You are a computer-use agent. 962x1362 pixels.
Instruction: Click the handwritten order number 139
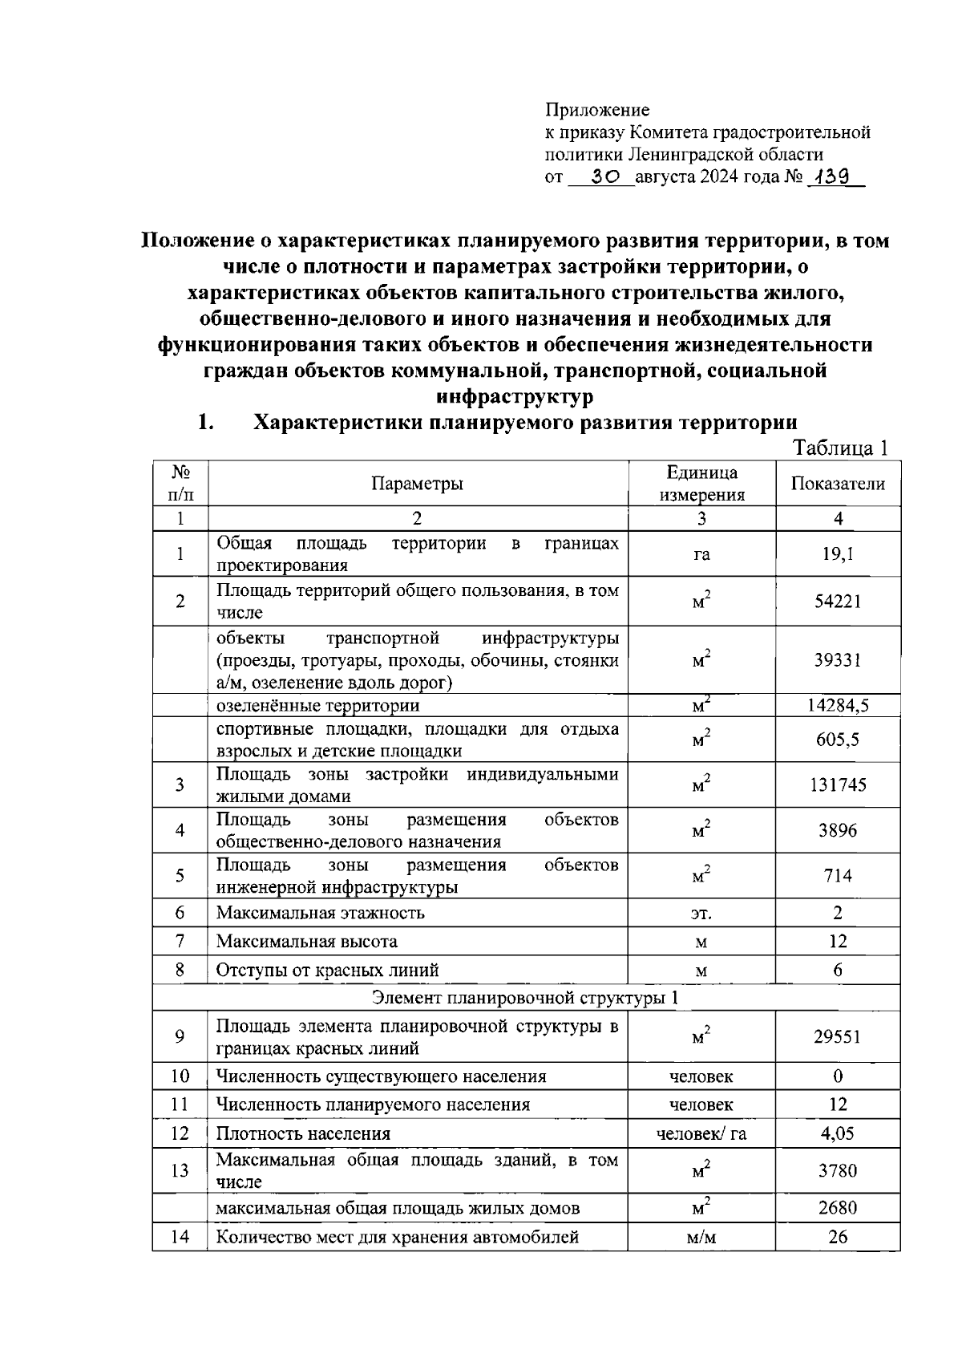pos(833,176)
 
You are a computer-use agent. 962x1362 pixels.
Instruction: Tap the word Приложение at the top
pos(597,110)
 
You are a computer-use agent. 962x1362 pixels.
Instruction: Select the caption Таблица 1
pos(839,448)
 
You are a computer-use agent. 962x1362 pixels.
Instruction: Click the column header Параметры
pos(417,484)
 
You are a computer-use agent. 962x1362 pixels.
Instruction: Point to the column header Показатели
pos(838,484)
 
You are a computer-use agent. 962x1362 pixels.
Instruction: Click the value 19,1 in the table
pos(838,553)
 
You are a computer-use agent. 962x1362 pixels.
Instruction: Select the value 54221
pos(838,602)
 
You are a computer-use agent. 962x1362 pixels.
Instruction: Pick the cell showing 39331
pos(838,660)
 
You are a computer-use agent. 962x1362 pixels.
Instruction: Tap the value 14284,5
pos(838,706)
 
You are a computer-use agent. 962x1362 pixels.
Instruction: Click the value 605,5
pos(838,740)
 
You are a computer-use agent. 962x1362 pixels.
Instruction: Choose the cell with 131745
pos(838,785)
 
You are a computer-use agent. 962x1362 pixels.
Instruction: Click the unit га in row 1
pos(701,554)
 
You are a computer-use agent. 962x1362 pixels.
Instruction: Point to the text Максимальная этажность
pos(321,913)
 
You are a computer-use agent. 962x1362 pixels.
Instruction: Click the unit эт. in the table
pos(701,914)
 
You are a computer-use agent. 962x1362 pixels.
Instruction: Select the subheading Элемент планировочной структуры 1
pos(526,998)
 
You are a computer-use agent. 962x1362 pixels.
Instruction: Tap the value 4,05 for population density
pos(838,1133)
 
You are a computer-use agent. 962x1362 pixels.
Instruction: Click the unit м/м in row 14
pos(701,1237)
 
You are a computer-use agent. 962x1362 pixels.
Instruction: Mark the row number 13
pos(180,1170)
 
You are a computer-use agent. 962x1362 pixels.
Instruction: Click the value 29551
pos(838,1036)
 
